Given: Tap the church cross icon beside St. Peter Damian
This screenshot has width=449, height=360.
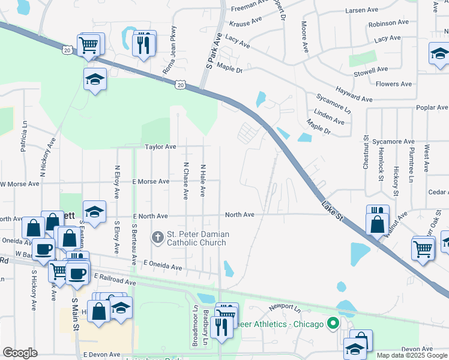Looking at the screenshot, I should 158,238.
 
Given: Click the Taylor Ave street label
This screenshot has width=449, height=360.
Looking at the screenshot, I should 160,146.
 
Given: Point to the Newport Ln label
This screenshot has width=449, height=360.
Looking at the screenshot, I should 284,307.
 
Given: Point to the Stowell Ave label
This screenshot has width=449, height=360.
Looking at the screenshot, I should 372,70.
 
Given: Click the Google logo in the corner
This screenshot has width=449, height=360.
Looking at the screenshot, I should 20,353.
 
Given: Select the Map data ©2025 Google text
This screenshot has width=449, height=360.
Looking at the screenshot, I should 411,355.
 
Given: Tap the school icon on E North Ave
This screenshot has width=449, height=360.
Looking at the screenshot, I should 94,211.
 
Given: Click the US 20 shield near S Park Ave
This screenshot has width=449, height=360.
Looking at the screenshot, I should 180,86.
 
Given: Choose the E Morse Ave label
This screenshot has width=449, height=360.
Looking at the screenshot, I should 151,181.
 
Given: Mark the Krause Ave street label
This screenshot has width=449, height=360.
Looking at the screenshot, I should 246,22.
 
